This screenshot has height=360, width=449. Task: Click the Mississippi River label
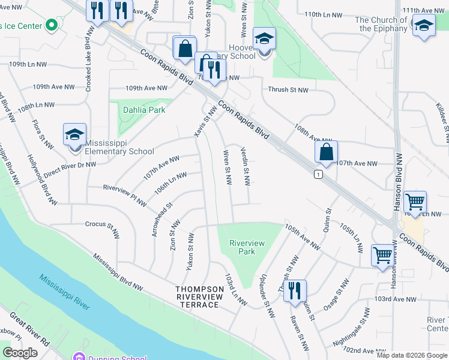point(64,292)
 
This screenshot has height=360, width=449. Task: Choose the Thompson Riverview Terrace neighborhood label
point(197,297)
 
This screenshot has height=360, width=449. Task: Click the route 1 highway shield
point(318,174)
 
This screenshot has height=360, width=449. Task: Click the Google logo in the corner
point(20,353)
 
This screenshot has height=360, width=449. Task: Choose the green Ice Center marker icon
point(51,25)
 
